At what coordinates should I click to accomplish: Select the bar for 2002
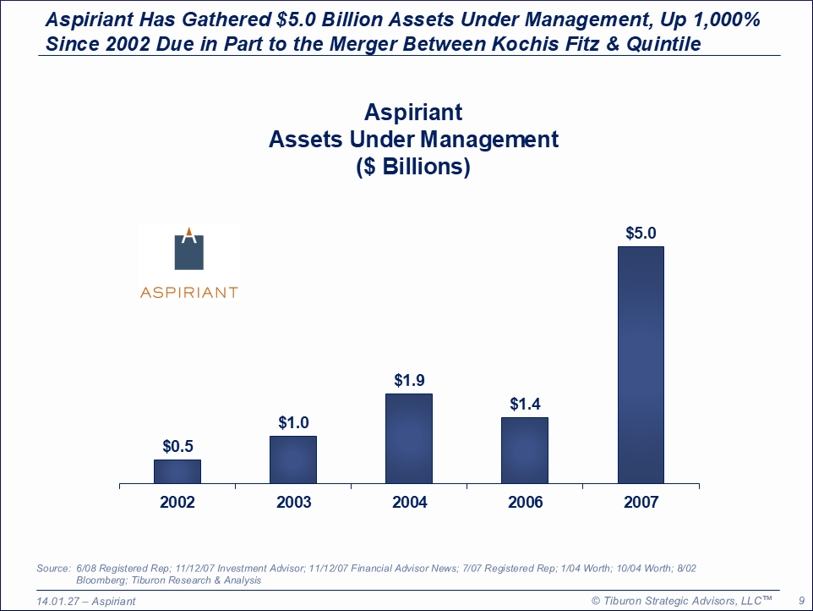coord(177,471)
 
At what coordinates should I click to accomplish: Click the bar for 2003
coord(293,460)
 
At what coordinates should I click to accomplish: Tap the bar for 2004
coord(409,438)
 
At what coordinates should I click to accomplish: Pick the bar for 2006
coord(525,450)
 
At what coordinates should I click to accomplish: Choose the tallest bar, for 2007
coord(641,365)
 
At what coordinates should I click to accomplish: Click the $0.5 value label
coord(177,446)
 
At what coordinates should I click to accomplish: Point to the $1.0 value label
coord(293,422)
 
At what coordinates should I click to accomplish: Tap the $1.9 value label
coord(410,380)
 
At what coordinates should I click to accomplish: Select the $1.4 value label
coord(525,404)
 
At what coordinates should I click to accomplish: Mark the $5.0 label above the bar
coord(641,233)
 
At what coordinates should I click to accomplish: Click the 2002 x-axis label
coord(177,502)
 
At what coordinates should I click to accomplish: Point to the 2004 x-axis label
coord(410,502)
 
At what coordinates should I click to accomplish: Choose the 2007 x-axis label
coord(641,502)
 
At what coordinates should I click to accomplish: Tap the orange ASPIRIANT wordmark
coord(188,293)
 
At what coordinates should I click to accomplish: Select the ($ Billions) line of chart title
coord(413,167)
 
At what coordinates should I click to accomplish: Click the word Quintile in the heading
coord(663,44)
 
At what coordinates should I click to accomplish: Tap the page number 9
coord(801,601)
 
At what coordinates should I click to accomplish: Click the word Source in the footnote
coord(53,569)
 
